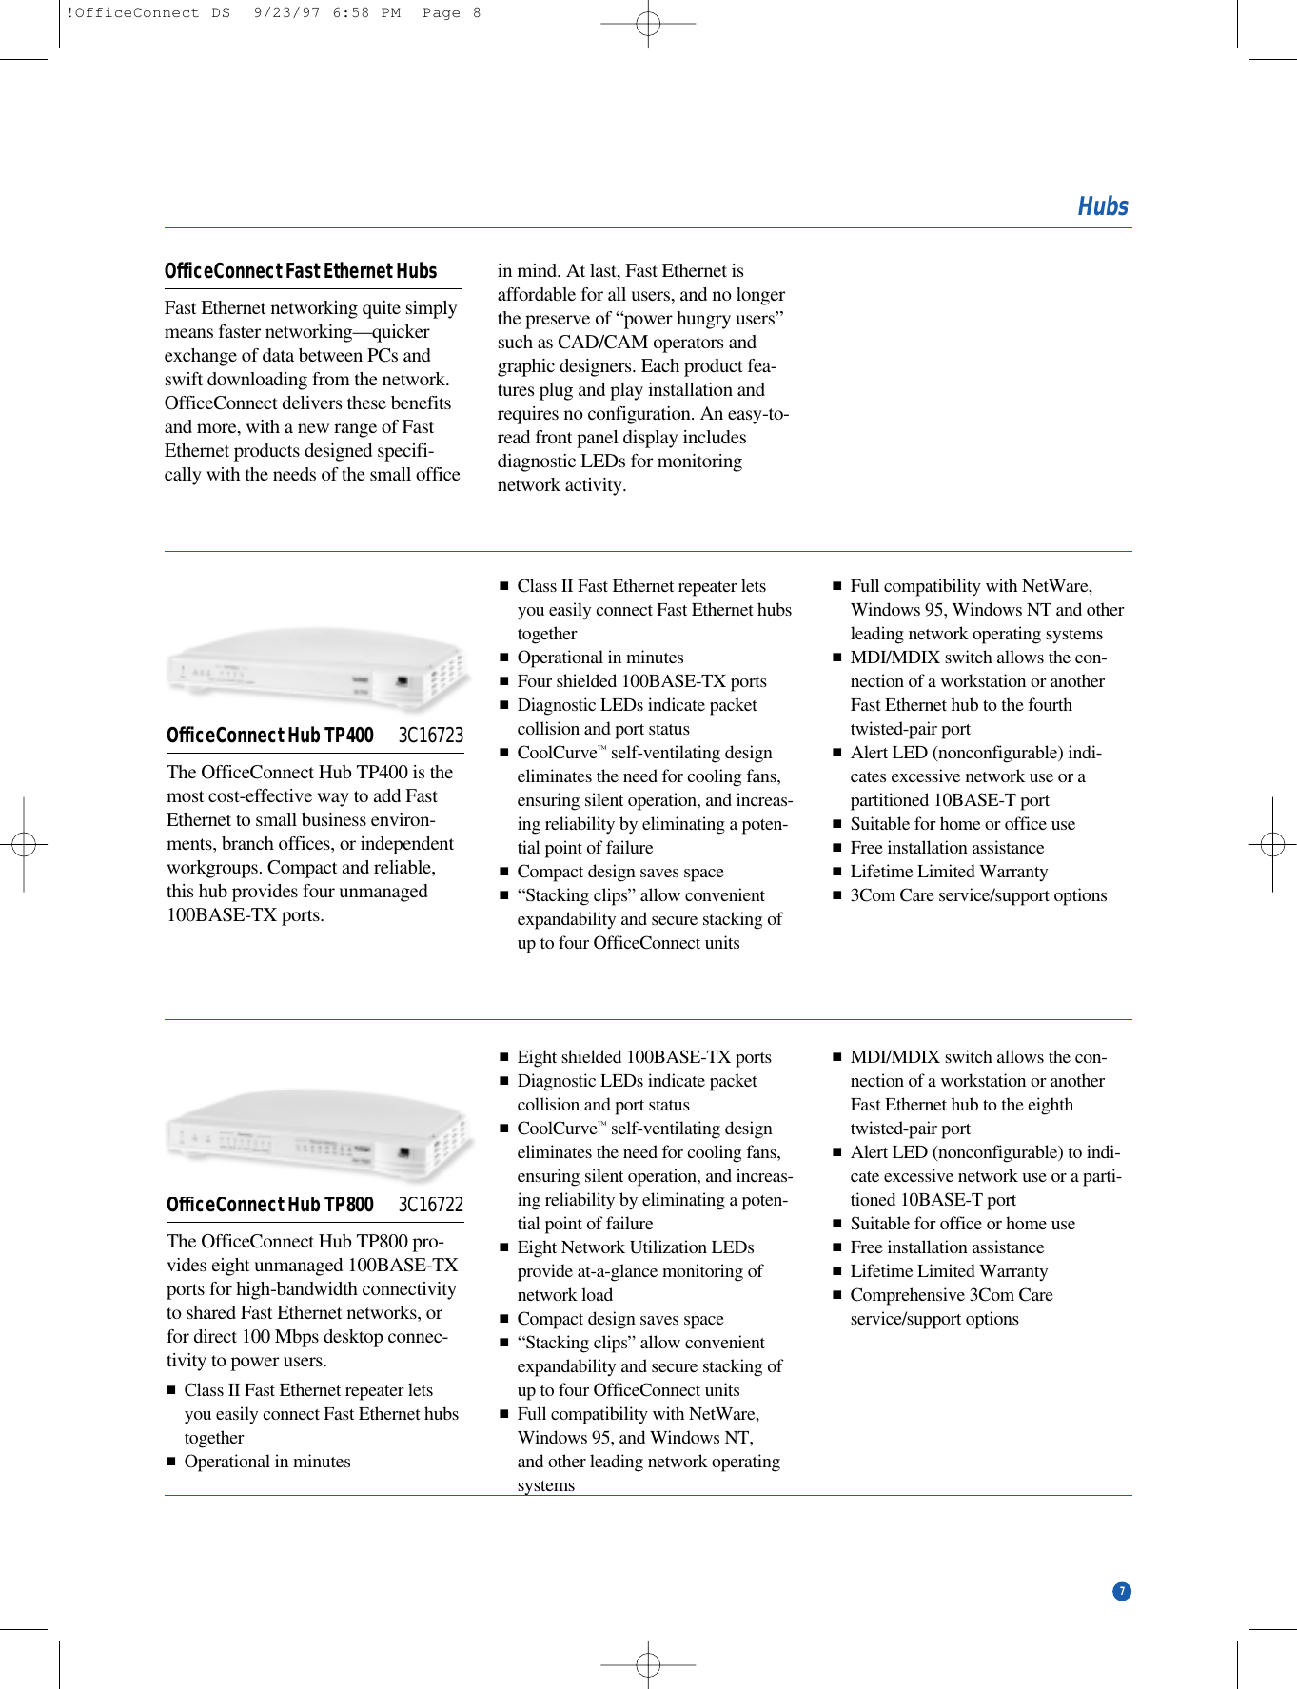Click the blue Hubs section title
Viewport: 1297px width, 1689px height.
click(x=1102, y=206)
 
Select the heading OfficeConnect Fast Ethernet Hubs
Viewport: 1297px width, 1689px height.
click(x=300, y=271)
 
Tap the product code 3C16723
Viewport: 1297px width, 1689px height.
click(x=430, y=736)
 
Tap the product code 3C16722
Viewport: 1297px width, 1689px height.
click(x=430, y=1205)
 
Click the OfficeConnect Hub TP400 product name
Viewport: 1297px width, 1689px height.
click(x=269, y=736)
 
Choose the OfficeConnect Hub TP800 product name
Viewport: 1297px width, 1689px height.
click(x=269, y=1205)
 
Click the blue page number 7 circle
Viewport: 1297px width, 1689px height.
click(x=1122, y=1591)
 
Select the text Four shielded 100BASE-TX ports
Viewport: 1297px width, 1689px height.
click(x=641, y=681)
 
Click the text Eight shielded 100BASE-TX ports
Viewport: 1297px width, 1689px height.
click(x=644, y=1057)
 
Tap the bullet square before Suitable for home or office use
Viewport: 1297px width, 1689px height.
click(x=837, y=825)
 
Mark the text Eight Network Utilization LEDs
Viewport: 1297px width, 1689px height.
click(x=635, y=1247)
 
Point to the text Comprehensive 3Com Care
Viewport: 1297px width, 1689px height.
click(x=951, y=1295)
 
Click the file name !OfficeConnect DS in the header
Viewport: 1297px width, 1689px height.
click(x=148, y=13)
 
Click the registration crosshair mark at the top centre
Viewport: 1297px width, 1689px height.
click(x=648, y=24)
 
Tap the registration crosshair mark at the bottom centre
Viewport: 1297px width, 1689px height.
click(x=648, y=1664)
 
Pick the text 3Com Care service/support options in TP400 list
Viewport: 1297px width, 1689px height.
click(x=978, y=895)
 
